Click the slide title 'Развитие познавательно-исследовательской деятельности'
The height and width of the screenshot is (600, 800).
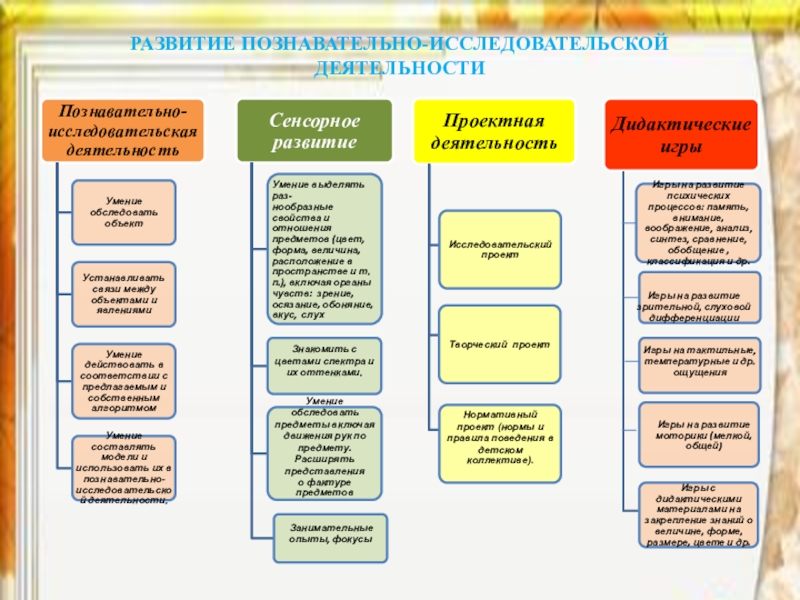coord(399,56)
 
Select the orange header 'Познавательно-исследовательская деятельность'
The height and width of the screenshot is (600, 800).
coord(123,131)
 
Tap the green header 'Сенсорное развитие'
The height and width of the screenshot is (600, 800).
coord(313,131)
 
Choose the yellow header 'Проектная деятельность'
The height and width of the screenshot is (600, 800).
coord(494,131)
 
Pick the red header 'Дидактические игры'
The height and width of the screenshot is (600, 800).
coord(681,134)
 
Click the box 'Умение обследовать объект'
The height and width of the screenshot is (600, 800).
coord(124,212)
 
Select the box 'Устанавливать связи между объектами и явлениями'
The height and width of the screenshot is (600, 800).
coord(124,294)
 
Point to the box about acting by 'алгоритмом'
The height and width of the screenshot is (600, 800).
coord(124,380)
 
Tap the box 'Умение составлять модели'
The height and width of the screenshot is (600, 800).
coord(124,468)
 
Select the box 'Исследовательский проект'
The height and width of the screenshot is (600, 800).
coord(499,249)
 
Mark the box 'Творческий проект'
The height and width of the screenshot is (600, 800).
coord(499,343)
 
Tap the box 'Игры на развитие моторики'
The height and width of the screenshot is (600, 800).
coord(699,432)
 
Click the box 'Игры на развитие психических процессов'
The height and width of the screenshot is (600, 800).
coord(699,222)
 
